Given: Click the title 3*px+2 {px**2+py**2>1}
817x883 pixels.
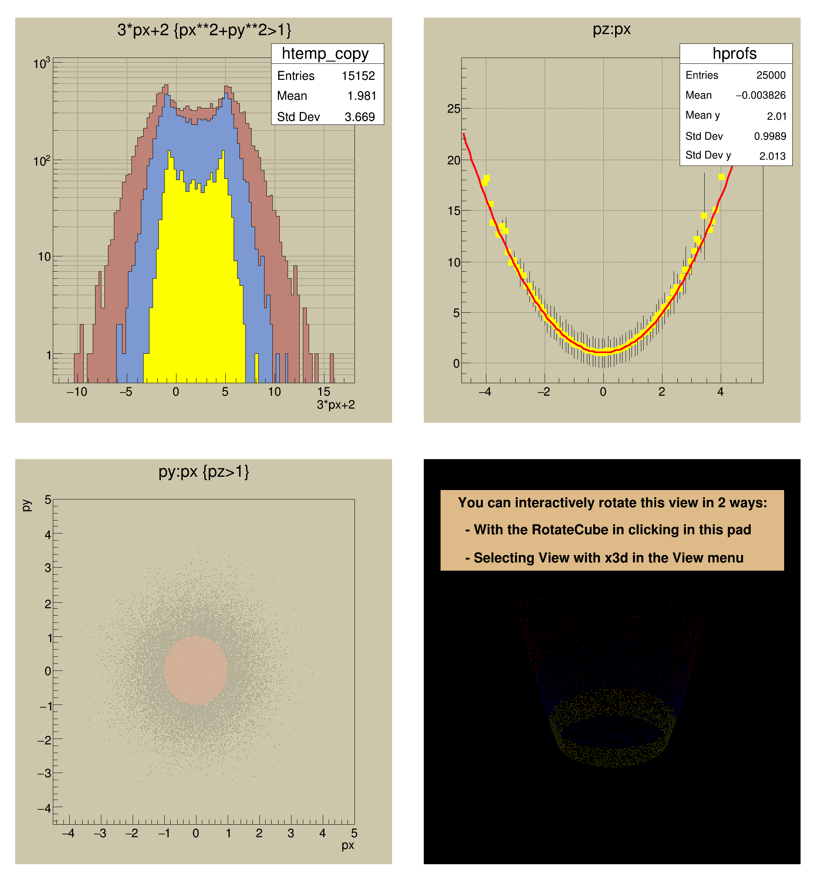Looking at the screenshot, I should point(204,30).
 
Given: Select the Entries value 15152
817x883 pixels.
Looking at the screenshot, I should point(358,76).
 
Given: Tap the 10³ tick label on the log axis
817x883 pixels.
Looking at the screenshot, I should point(42,64).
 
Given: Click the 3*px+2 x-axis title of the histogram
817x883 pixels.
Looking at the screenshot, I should point(336,405).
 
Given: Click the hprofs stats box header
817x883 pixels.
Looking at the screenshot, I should point(734,54).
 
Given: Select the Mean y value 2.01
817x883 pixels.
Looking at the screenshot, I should point(776,116).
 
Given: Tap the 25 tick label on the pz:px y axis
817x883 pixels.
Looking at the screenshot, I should point(453,109).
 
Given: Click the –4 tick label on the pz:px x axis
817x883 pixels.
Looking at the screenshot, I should point(484,392).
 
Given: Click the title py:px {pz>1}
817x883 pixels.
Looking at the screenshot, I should point(204,471).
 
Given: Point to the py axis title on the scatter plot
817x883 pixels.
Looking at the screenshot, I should point(26,505).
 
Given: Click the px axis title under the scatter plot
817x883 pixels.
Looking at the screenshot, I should point(347,845).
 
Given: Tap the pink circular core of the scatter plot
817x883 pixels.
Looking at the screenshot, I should point(195,670).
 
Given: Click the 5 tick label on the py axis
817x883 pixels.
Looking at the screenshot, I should point(48,500).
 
